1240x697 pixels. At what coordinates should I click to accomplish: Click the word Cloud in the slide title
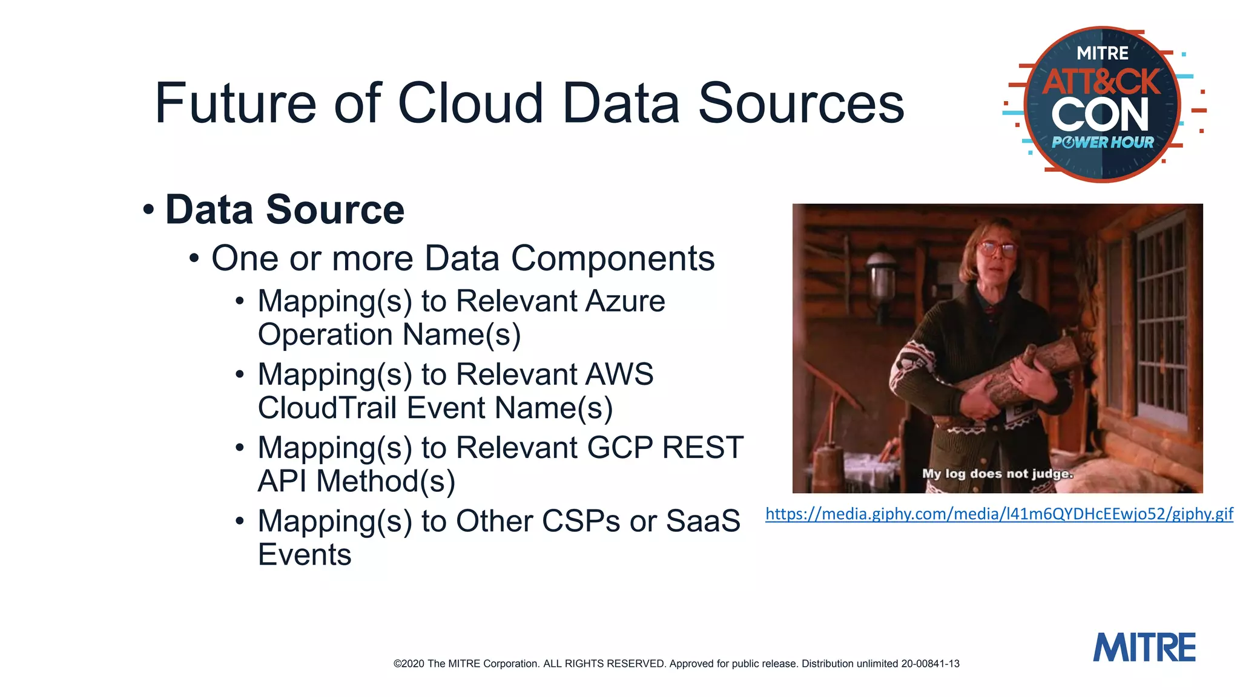(470, 103)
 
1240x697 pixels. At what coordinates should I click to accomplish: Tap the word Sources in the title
(800, 103)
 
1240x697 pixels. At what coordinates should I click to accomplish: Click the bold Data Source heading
(285, 209)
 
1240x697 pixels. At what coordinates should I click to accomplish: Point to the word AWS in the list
(619, 374)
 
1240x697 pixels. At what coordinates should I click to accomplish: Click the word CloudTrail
(327, 408)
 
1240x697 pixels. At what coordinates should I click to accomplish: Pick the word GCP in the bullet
(620, 448)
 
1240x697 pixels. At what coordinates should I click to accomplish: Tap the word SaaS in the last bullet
(703, 521)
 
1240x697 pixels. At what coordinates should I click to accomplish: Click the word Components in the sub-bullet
(613, 258)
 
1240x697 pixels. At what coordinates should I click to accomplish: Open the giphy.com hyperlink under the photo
(999, 514)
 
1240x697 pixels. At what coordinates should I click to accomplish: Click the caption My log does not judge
(997, 473)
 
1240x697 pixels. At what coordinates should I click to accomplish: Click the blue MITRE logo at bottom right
(1144, 647)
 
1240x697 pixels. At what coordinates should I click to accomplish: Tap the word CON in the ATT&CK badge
(1100, 115)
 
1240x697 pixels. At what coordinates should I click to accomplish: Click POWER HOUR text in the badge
(1103, 143)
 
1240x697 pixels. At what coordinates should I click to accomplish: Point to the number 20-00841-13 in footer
(930, 664)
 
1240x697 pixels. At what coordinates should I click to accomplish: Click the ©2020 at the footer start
(409, 664)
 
